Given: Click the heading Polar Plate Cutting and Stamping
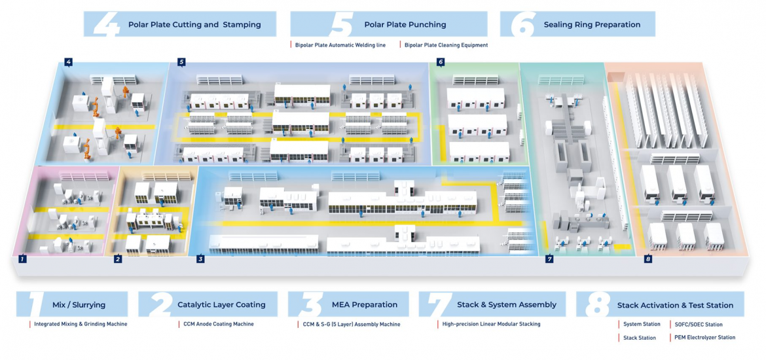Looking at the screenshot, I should click(194, 25).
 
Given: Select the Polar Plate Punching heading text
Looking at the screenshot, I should click(405, 25).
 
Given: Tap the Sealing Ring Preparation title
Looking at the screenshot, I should click(592, 25).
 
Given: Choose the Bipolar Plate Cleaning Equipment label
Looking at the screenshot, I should click(446, 45).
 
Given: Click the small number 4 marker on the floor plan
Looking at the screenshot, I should click(68, 62).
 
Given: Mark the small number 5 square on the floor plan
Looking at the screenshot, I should click(181, 62).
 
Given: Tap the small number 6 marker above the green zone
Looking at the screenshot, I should click(441, 62).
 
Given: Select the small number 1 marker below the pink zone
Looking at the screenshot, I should click(22, 259).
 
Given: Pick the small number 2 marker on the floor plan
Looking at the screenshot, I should click(118, 259).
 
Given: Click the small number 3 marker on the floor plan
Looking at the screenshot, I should click(200, 259).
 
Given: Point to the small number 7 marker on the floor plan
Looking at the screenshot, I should click(549, 259).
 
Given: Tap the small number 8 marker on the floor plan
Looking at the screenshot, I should click(647, 259).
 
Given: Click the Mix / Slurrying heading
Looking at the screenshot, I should click(79, 304).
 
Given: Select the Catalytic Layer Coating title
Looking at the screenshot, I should click(221, 304).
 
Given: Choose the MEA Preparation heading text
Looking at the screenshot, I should click(374, 304).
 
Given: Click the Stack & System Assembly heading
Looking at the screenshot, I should click(507, 304).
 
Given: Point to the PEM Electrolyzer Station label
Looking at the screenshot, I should click(704, 338).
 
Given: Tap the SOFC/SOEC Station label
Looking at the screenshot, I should click(699, 324).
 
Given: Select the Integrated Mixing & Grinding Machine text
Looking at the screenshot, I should click(81, 324).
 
